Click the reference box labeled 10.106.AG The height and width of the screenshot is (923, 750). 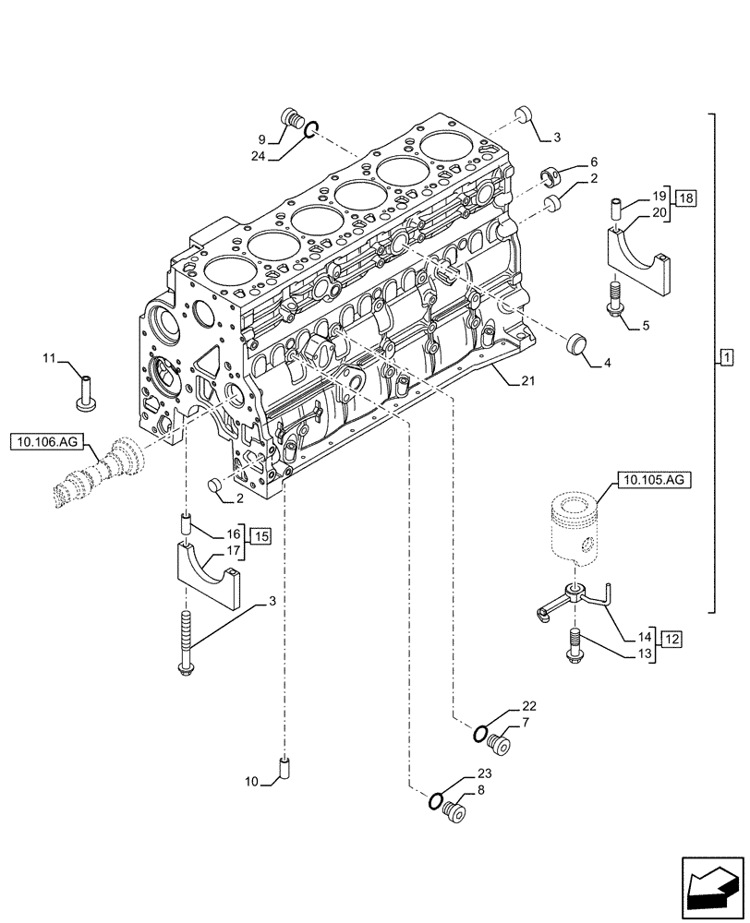tap(47, 443)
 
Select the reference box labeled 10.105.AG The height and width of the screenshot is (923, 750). tap(651, 480)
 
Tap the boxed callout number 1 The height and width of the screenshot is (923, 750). tap(726, 356)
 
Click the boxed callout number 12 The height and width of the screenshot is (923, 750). tap(671, 639)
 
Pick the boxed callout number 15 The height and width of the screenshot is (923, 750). tap(262, 536)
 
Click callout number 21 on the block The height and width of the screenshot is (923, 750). tap(526, 379)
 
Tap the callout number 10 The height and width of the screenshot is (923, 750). tap(251, 783)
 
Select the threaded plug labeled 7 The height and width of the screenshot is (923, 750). tap(503, 742)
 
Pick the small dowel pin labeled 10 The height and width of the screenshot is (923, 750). tap(284, 766)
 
